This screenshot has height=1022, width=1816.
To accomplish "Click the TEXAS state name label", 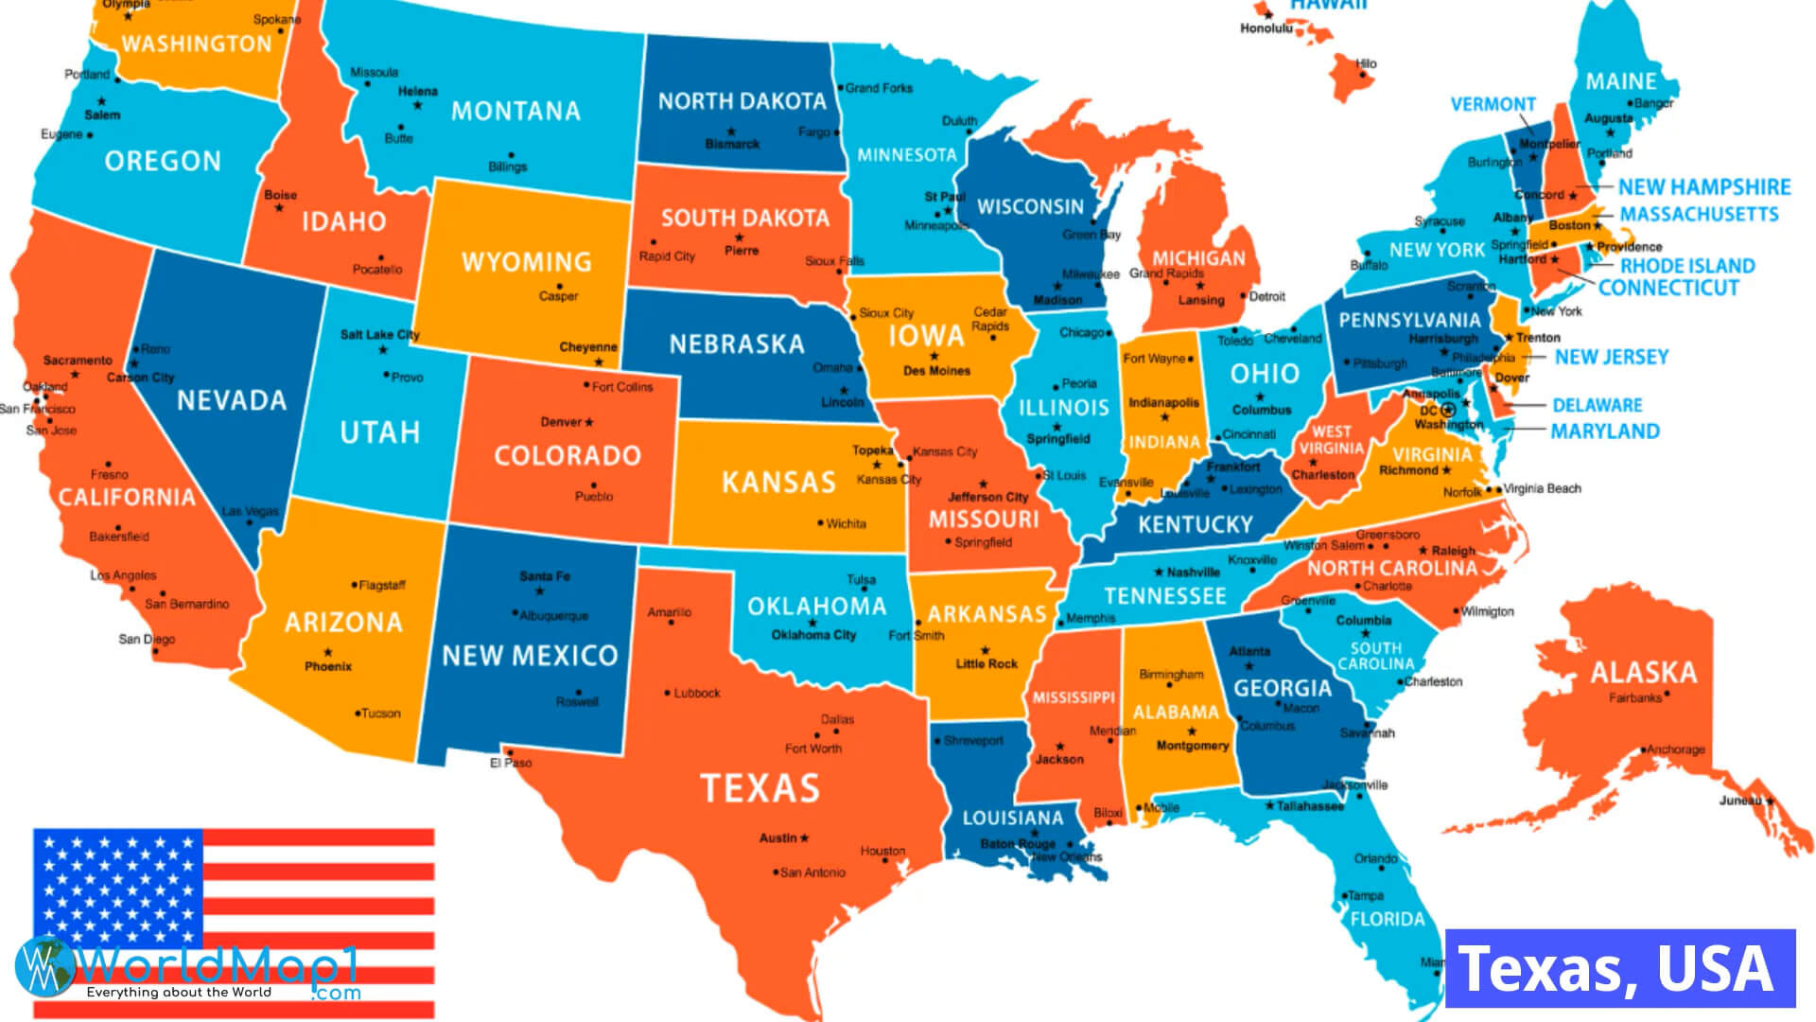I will (x=760, y=788).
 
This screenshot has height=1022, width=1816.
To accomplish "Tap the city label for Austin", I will (x=778, y=838).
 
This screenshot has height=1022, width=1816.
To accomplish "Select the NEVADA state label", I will (x=232, y=400).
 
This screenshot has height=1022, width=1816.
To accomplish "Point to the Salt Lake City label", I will (x=379, y=334).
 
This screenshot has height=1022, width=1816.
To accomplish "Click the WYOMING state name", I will (x=526, y=262).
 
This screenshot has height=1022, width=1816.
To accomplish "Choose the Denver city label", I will (x=562, y=422).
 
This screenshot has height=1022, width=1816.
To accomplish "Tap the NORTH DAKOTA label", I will (x=742, y=101).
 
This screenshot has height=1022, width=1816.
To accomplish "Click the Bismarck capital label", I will (x=732, y=145).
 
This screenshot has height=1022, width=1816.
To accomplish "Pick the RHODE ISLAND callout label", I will (x=1686, y=266).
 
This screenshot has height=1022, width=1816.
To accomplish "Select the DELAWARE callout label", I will (x=1597, y=405).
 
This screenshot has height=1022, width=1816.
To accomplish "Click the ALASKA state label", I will (x=1643, y=673).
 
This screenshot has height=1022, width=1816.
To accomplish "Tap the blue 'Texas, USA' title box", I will (x=1619, y=969).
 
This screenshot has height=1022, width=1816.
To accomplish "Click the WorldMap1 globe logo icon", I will (x=44, y=966).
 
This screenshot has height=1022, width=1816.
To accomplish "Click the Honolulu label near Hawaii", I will (x=1266, y=28).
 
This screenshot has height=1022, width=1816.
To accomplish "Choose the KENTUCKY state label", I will (x=1195, y=524).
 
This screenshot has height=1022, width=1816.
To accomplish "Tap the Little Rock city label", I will (x=986, y=664).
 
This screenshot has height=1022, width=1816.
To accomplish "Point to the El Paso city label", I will (x=511, y=763).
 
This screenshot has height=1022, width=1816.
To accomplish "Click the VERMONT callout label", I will (x=1493, y=104).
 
